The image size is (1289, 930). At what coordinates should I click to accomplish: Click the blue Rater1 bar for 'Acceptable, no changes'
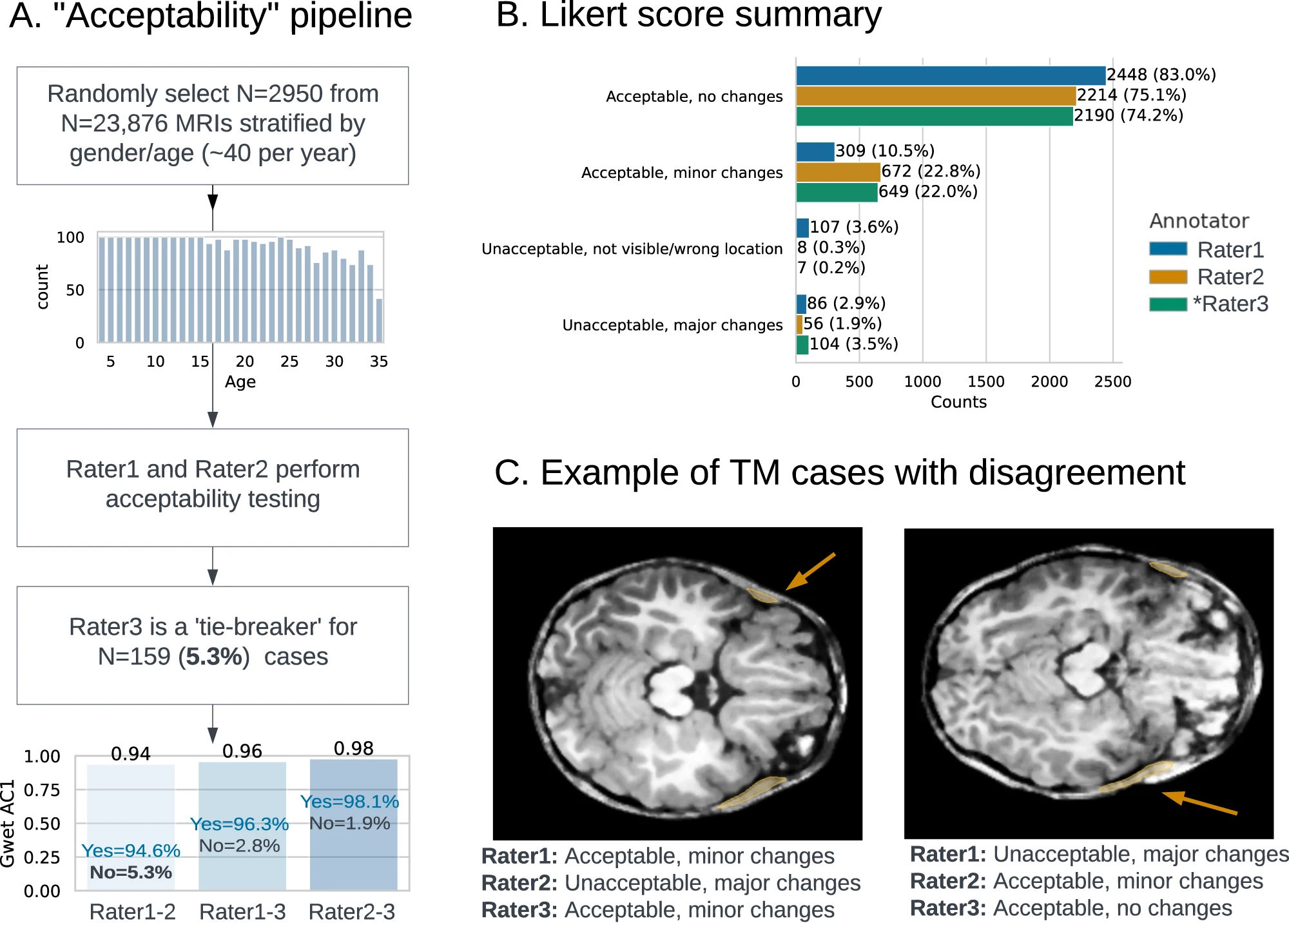pos(951,75)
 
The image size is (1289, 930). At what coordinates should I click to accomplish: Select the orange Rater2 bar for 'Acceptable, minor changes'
pos(838,172)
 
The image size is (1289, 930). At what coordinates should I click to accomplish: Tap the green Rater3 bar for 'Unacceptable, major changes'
pos(802,345)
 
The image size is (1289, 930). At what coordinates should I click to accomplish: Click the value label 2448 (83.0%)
pos(1161,75)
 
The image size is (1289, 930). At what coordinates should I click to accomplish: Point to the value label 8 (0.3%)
pos(831,247)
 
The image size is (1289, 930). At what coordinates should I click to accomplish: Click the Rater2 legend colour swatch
pos(1168,277)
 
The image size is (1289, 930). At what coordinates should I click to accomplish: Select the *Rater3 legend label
pos(1230,304)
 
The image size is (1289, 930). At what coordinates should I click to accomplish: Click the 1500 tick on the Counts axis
pos(985,382)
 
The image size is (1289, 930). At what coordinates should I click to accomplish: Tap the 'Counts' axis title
pos(958,402)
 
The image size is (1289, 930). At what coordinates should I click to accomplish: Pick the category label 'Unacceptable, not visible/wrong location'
pos(632,249)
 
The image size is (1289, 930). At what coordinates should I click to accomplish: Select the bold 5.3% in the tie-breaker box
pos(214,657)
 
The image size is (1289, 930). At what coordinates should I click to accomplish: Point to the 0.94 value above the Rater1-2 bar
pos(131,753)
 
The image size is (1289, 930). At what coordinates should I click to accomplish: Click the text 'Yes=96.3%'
pos(239,824)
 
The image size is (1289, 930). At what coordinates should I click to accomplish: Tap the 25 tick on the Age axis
pos(289,362)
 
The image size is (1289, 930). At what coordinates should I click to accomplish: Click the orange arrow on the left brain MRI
pos(811,571)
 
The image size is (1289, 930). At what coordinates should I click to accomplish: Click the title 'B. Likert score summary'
pos(688,15)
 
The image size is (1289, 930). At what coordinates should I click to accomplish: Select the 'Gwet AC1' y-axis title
pos(8,823)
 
